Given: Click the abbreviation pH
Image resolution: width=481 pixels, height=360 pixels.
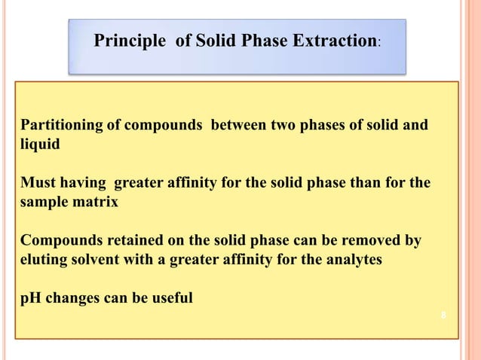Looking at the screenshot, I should (30, 298).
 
